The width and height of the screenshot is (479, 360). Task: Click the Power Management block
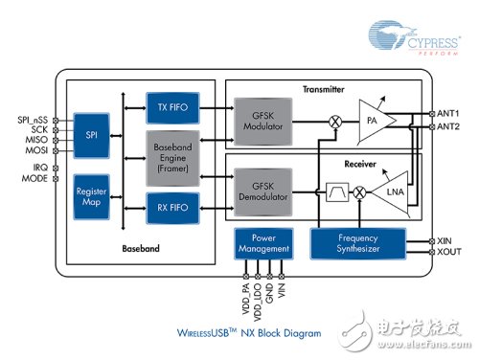click(262, 243)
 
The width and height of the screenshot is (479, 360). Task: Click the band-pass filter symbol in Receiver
click(337, 192)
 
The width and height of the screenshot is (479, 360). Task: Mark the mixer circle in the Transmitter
click(335, 123)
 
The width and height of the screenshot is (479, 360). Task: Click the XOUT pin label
click(448, 254)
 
